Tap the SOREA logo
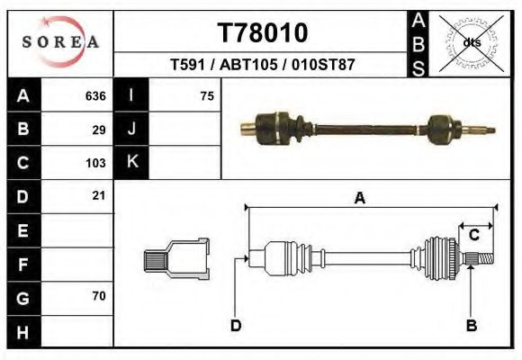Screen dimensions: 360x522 [x=60, y=42]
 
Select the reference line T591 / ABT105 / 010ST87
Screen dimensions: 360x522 [x=262, y=66]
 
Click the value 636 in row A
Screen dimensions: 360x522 [x=94, y=96]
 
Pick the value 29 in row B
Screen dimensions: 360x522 [x=98, y=130]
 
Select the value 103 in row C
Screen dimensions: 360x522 [x=94, y=163]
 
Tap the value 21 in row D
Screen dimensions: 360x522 [x=98, y=195]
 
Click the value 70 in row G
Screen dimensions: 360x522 [x=98, y=295]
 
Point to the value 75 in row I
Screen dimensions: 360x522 [x=206, y=96]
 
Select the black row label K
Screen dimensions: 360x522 [x=131, y=163]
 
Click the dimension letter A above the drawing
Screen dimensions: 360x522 [x=359, y=200]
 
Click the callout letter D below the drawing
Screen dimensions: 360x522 [x=235, y=325]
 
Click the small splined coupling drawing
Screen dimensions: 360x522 [x=177, y=259]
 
